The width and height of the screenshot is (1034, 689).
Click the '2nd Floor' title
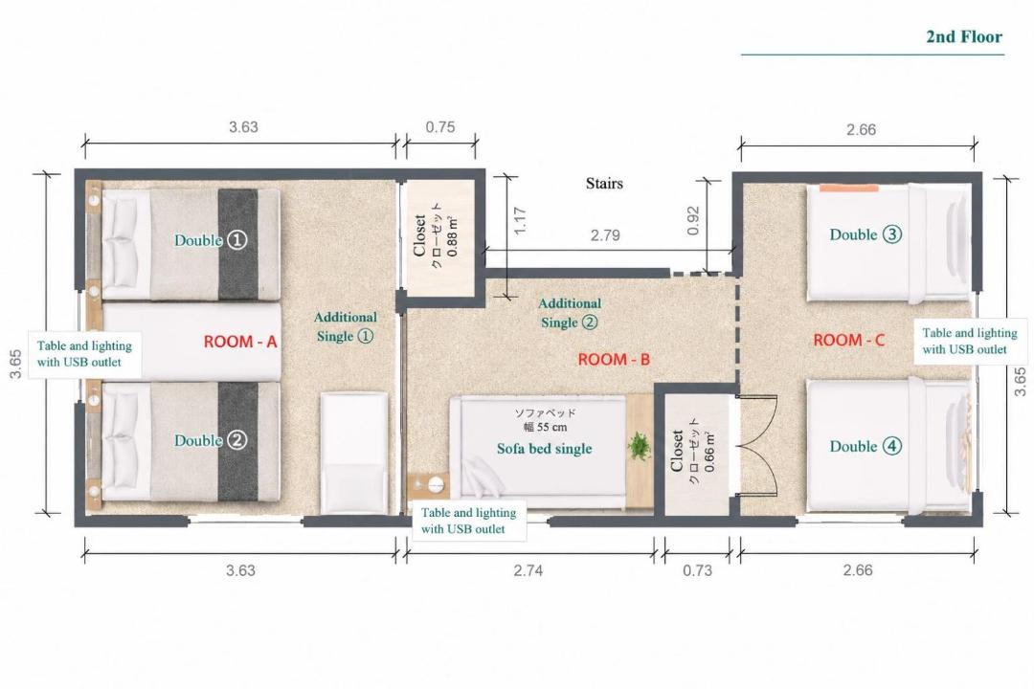coord(964,37)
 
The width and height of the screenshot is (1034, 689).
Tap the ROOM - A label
coord(240,342)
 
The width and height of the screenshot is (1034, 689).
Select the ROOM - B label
coord(614,360)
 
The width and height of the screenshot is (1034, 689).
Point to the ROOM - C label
coord(848,341)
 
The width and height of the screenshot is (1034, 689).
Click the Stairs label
coord(604,184)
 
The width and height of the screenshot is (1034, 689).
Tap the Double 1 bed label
coord(211,240)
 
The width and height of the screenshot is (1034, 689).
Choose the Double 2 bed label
coord(211,440)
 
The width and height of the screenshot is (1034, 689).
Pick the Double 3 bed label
coord(865,234)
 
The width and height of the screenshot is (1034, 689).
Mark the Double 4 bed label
coord(865,446)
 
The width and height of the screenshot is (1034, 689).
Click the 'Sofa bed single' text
coord(544,449)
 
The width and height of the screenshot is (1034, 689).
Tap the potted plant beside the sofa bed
coord(639,446)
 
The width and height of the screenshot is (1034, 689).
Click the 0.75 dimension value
coord(439,127)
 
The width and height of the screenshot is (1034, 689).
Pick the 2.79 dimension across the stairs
coord(605,235)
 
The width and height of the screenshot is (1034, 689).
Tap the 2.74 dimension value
coord(528,570)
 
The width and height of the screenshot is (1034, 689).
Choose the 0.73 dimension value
coord(697,570)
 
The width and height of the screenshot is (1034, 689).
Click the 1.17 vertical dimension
coord(520,221)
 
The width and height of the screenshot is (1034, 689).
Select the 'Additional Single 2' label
coord(570,313)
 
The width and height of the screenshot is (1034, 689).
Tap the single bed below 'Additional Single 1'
coord(353,454)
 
